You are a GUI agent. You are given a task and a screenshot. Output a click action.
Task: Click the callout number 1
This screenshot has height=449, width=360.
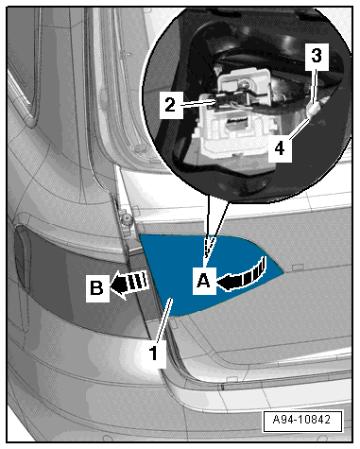(153, 354)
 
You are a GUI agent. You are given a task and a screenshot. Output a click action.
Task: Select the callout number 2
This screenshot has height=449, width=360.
(170, 105)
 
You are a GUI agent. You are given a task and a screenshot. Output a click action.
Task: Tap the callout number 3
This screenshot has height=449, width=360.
(317, 56)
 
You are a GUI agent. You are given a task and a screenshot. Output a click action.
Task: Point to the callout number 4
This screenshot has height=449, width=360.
(280, 148)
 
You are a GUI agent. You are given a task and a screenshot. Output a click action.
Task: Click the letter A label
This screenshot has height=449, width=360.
(203, 281)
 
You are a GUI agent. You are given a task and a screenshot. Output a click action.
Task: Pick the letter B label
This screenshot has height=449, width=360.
(96, 287)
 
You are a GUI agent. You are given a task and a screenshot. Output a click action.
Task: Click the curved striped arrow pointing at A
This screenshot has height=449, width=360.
(243, 274)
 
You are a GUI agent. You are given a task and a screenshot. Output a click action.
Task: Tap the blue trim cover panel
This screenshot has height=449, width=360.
(201, 271)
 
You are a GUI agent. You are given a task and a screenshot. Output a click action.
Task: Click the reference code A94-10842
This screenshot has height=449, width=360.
(302, 420)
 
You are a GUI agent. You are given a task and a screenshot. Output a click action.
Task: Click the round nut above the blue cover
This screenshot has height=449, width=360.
(128, 218)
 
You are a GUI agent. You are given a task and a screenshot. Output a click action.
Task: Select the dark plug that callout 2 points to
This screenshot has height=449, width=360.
(224, 101)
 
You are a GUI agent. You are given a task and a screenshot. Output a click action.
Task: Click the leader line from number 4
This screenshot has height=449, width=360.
(299, 129)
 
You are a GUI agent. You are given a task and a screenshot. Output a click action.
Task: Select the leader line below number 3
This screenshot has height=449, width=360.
(314, 86)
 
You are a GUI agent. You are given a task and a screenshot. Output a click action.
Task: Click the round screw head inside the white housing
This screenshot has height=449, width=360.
(243, 83)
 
